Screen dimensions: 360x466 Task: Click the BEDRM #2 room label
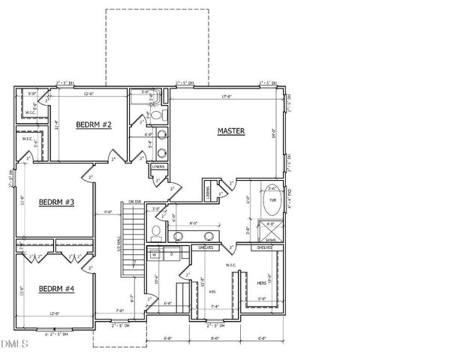tap(94, 124)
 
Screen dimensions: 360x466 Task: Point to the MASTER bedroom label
tap(232, 131)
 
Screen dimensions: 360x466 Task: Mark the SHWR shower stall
tap(272, 229)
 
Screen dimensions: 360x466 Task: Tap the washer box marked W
tap(155, 255)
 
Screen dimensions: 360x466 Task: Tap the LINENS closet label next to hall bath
tap(158, 166)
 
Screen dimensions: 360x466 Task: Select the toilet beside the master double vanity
tap(155, 232)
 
